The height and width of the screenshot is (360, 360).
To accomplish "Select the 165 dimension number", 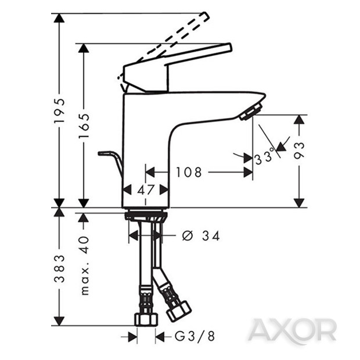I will [x=84, y=125].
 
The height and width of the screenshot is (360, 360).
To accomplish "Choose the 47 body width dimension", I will [x=146, y=189].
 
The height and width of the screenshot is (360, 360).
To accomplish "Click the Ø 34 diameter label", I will [x=200, y=236].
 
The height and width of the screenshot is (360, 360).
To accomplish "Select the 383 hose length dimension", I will [x=59, y=267].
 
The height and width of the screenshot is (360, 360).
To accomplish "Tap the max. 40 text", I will [x=84, y=265].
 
